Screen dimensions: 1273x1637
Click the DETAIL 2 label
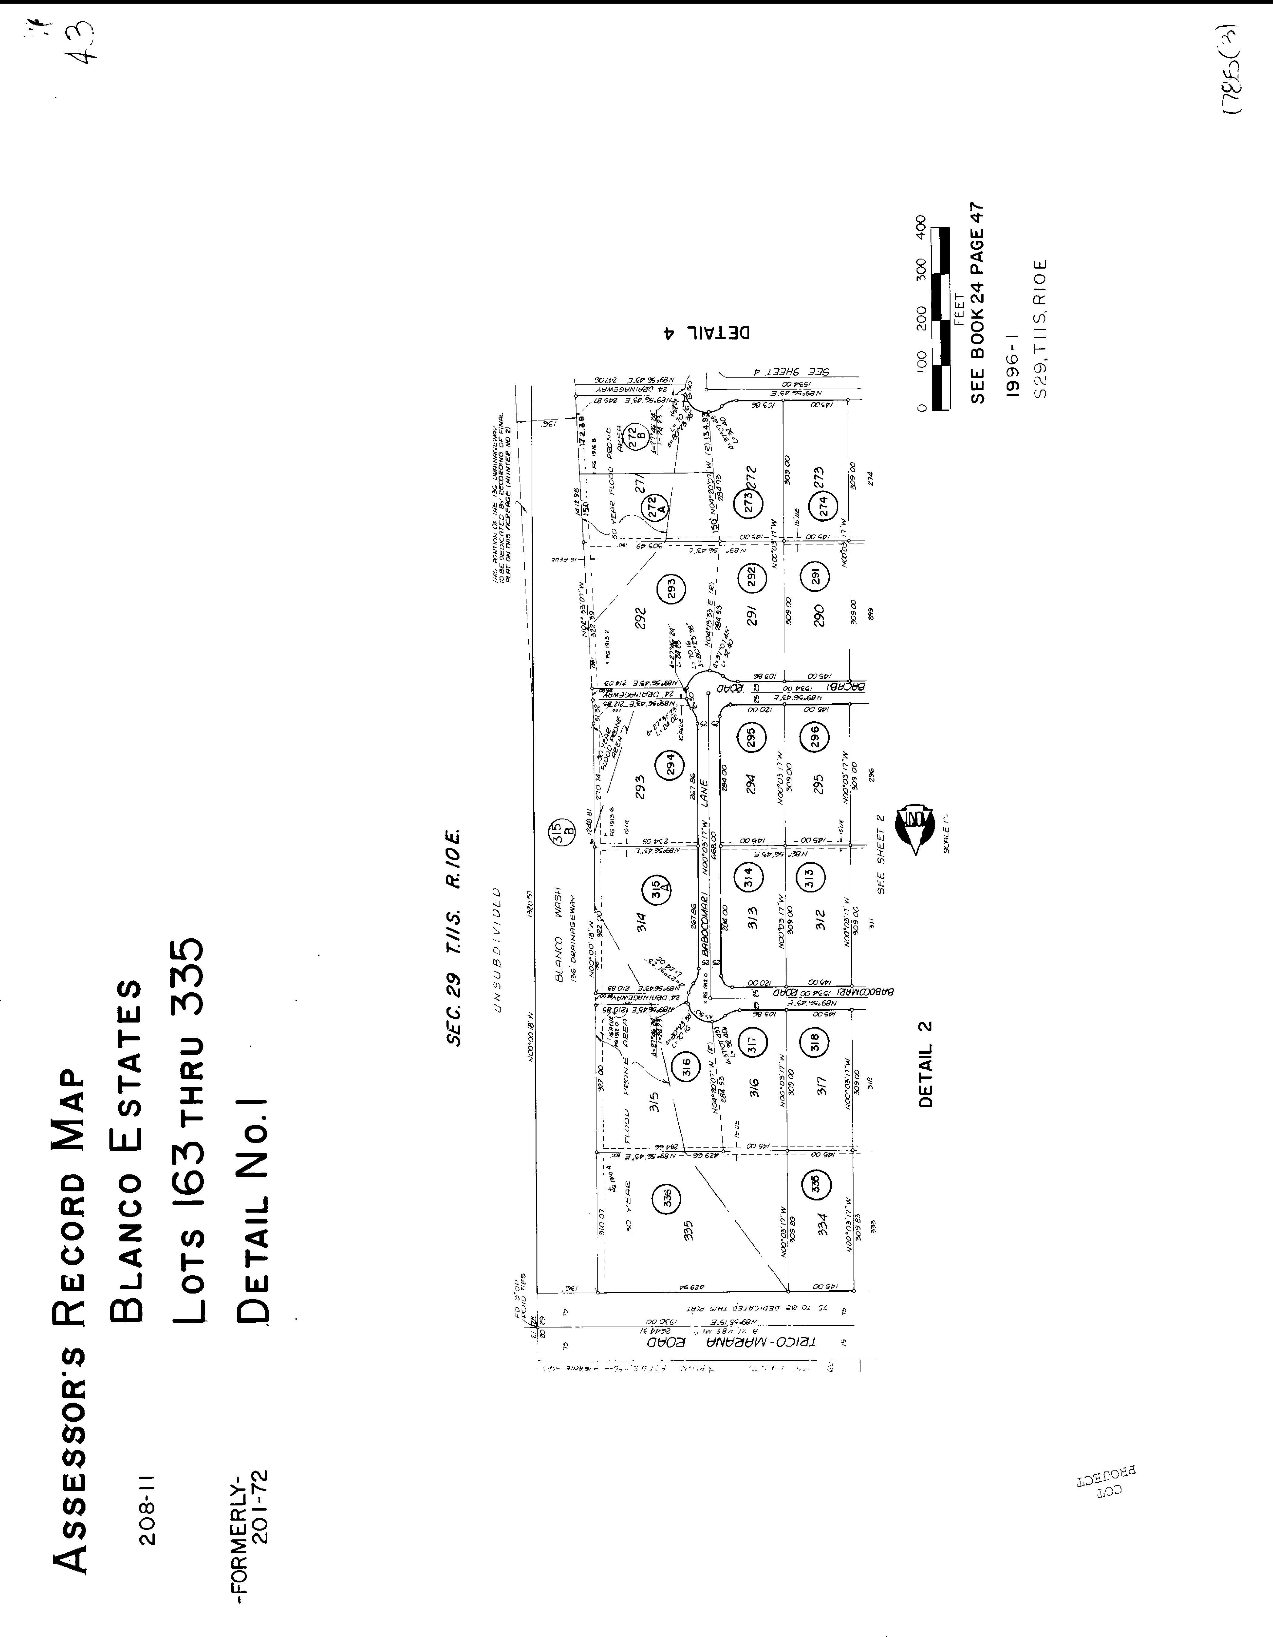(x=927, y=1064)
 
